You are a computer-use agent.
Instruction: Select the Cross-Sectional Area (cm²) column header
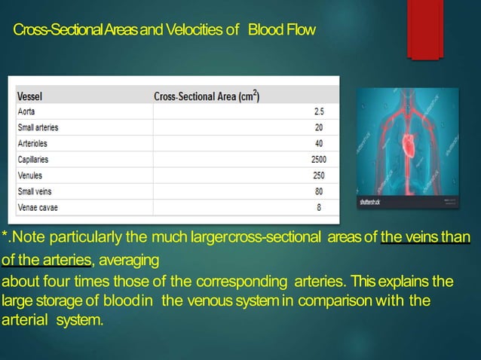point(207,97)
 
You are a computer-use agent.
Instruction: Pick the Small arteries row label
point(38,127)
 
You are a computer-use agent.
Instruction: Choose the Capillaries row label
point(33,159)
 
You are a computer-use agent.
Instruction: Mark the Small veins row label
point(35,191)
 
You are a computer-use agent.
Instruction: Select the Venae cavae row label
point(37,207)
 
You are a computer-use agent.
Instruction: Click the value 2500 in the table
point(319,159)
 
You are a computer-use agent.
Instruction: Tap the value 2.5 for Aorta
point(320,111)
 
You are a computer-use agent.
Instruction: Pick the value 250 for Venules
point(320,175)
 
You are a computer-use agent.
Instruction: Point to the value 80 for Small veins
point(320,191)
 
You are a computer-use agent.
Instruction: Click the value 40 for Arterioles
point(320,143)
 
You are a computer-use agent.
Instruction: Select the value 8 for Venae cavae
point(320,207)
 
